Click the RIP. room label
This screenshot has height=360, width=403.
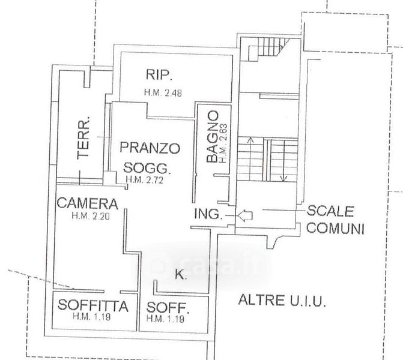click(x=159, y=75)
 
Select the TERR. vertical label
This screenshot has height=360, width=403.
click(x=85, y=137)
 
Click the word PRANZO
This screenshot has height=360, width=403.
click(x=150, y=147)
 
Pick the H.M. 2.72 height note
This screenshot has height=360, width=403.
click(x=145, y=179)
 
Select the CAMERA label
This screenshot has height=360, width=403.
click(x=87, y=203)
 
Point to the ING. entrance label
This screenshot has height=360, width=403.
click(x=208, y=214)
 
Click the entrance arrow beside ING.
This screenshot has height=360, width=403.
click(x=246, y=214)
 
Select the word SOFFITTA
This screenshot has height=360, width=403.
click(x=93, y=306)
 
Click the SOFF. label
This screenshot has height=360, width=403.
click(x=168, y=309)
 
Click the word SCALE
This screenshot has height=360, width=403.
click(x=330, y=211)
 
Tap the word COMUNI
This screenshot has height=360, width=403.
click(x=335, y=228)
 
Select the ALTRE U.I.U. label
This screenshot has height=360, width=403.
click(x=282, y=300)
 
